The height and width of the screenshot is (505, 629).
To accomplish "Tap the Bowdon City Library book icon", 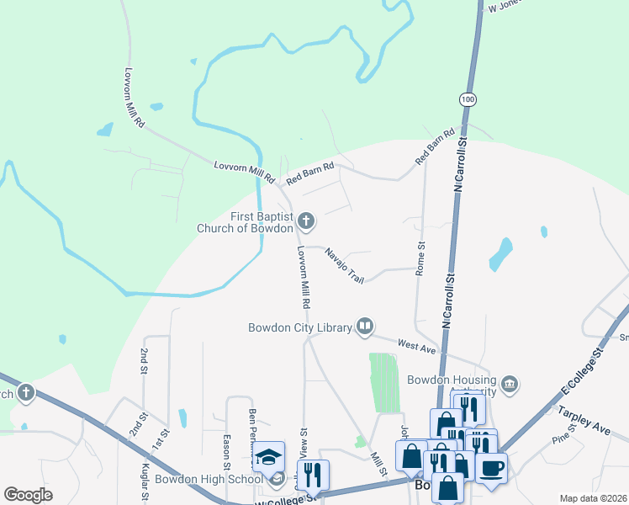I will (364, 327).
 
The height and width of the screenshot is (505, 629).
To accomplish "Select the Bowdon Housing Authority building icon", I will (510, 385).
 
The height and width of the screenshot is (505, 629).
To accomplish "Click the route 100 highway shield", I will (467, 99).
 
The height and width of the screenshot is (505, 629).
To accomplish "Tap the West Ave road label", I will (417, 346).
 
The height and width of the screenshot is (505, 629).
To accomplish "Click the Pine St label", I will (562, 439).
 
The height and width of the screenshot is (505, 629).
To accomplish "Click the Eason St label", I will (227, 453).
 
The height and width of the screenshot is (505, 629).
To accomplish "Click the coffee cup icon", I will (491, 466).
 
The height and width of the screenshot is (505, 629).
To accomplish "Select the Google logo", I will (28, 495).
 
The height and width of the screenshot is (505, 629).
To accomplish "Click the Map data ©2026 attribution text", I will (593, 498).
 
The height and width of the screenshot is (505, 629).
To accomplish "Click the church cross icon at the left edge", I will (26, 393).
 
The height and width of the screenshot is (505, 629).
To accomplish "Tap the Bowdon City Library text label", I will (299, 327).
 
